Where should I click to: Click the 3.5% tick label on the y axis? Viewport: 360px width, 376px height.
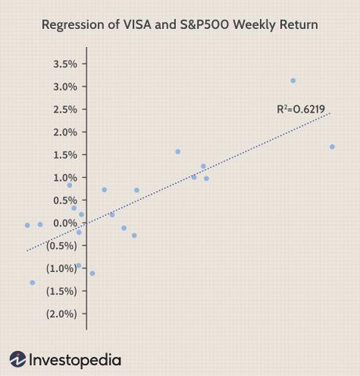65,63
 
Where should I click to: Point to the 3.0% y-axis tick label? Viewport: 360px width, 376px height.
65,86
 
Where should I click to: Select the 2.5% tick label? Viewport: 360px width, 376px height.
65,109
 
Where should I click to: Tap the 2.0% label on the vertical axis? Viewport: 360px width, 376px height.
65,132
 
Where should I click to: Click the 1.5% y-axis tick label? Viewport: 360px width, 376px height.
65,154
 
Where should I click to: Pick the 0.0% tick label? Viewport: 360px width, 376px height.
65,223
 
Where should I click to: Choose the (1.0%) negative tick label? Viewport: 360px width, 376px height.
62,269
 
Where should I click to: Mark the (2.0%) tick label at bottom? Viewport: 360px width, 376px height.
62,314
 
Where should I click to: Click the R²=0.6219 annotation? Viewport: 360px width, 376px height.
301,109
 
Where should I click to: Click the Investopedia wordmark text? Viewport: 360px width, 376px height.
75,360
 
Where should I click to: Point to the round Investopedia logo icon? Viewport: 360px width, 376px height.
18,360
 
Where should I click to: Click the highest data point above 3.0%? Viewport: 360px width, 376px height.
293,81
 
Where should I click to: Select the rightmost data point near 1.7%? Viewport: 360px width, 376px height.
332,146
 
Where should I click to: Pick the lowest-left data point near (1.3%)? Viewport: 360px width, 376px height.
32,283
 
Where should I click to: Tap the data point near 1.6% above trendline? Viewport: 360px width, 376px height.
178,151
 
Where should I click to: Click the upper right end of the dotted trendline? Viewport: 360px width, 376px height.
330,114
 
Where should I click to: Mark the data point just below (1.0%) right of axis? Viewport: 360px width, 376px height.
92,273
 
